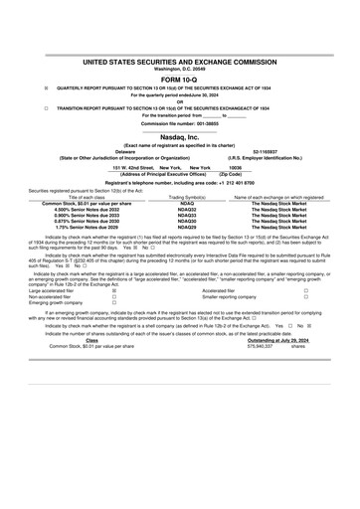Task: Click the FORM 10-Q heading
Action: point(180,78)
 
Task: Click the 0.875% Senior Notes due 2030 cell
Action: point(90,222)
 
